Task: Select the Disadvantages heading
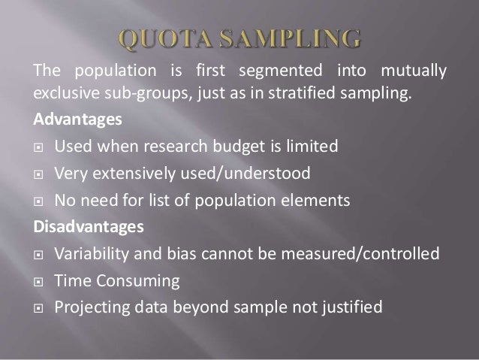[75, 224]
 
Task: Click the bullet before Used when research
[35, 147]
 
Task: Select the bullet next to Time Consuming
[35, 280]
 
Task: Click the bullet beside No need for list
[35, 201]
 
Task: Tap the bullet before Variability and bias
[35, 253]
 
